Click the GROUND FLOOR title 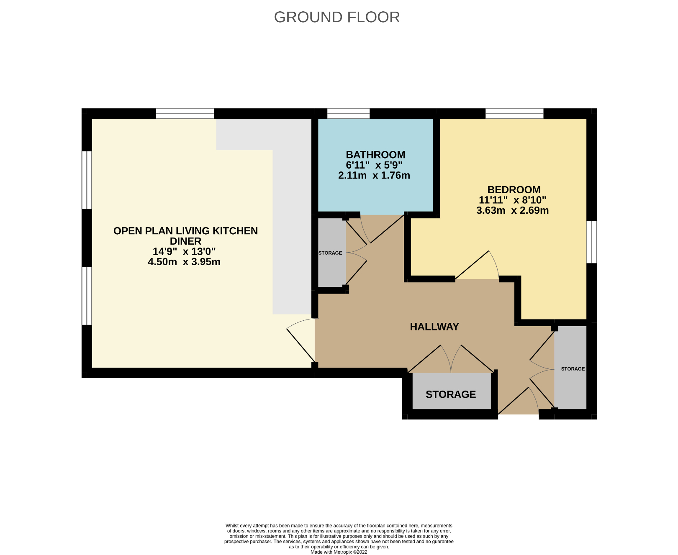[x=337, y=17]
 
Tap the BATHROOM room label [x=375, y=155]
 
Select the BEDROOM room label [x=514, y=189]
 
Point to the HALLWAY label [x=434, y=327]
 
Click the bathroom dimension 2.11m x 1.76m [x=374, y=176]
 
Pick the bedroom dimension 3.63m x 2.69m [x=512, y=210]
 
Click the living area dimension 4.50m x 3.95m [x=184, y=262]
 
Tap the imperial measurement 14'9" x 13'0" [x=184, y=251]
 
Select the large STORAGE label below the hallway [x=451, y=394]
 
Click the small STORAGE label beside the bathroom [x=330, y=253]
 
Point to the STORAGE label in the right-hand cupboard [x=573, y=369]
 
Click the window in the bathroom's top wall [x=348, y=113]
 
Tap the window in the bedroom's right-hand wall [x=591, y=242]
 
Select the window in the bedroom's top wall [x=514, y=113]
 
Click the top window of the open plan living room [x=185, y=113]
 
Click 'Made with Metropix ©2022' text [x=339, y=552]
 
